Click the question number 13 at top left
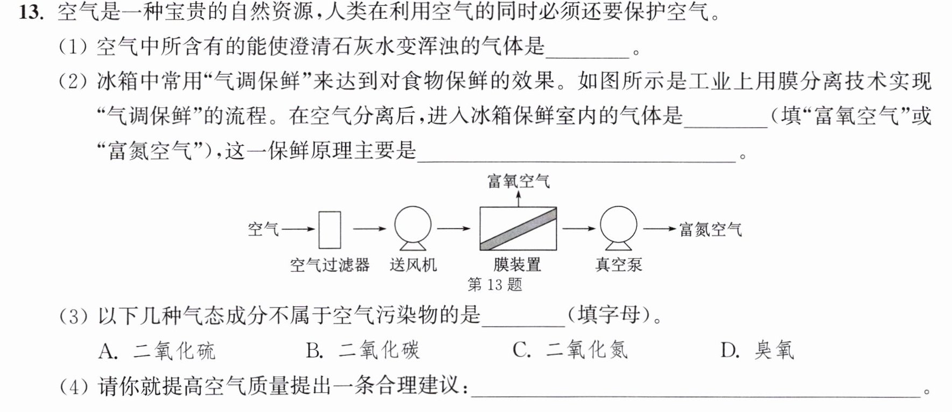[31, 12]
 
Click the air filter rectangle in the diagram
[330, 229]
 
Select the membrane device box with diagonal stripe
[518, 229]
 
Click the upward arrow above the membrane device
[519, 199]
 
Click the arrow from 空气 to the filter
[298, 229]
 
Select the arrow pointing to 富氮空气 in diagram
[660, 229]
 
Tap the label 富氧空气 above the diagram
[519, 181]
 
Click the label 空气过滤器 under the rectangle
[330, 265]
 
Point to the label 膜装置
[517, 265]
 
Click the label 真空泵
[619, 265]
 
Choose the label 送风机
[413, 265]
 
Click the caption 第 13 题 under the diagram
[495, 284]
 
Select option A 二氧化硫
[157, 351]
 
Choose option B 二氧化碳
[362, 351]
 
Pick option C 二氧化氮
[570, 351]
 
